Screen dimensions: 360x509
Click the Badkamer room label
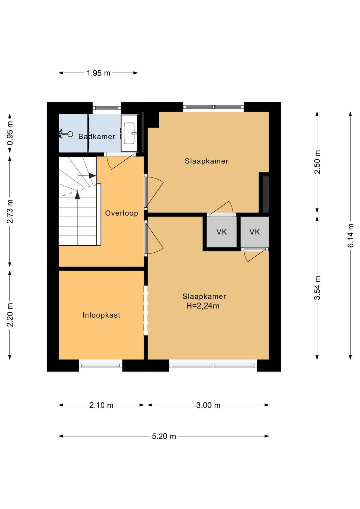tap(97, 136)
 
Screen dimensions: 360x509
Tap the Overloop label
tap(121, 213)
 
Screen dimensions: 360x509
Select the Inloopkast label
tap(101, 315)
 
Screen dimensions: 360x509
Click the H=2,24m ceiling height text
tap(203, 306)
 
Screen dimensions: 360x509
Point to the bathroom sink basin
tap(129, 133)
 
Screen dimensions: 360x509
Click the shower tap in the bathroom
tap(66, 134)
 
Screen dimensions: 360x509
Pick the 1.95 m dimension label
tap(98, 73)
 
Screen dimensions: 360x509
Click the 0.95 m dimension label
tap(10, 133)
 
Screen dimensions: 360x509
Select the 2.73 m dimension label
tap(10, 212)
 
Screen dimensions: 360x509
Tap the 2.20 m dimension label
tap(10, 315)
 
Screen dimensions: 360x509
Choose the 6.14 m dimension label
tap(351, 235)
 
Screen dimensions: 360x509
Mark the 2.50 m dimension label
tap(317, 162)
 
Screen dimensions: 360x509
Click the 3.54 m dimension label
tap(317, 288)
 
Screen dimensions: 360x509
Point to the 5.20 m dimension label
tap(164, 436)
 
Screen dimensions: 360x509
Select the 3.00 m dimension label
tap(208, 405)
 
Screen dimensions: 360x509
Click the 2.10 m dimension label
tap(101, 405)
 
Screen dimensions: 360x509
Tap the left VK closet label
tap(221, 232)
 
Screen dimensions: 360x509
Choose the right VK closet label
tap(255, 232)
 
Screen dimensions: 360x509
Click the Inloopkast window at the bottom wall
tap(100, 366)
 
